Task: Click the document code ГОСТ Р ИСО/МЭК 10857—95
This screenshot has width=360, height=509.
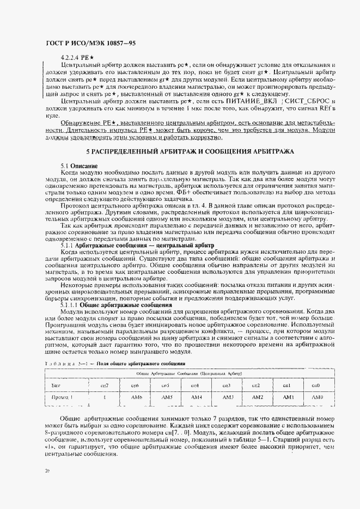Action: pyautogui.click(x=89, y=43)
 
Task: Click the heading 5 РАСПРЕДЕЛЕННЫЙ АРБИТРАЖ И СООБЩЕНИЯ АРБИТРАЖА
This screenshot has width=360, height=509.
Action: pyautogui.click(x=190, y=150)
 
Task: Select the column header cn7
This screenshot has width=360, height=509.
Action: pyautogui.click(x=105, y=385)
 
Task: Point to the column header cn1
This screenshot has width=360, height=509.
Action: pyautogui.click(x=288, y=385)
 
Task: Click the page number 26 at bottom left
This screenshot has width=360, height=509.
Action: pyautogui.click(x=47, y=468)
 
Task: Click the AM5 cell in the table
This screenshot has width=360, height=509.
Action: pyautogui.click(x=167, y=397)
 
